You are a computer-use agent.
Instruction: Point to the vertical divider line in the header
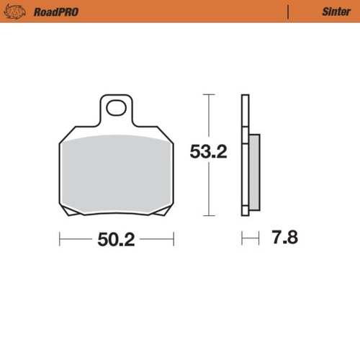[x=289, y=12]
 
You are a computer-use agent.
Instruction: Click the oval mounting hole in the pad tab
[x=115, y=109]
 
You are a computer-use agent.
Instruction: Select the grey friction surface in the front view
[x=116, y=173]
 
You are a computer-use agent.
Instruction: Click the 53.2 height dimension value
[x=208, y=152]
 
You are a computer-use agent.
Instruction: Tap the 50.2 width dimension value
[x=116, y=240]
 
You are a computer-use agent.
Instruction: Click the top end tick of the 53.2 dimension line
[x=208, y=94]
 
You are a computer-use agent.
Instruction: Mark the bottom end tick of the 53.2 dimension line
[x=208, y=215]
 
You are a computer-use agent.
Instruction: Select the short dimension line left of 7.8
[x=250, y=238]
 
